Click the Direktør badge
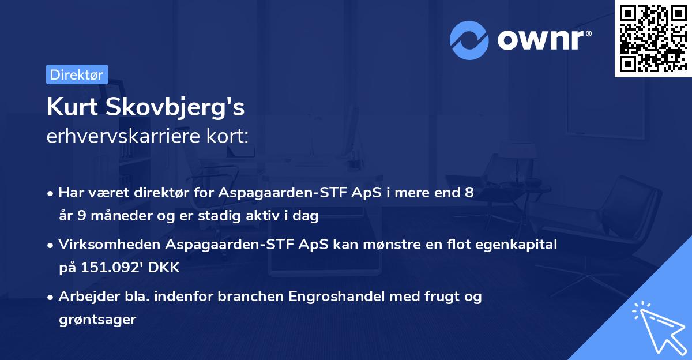[77, 74]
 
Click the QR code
[652, 38]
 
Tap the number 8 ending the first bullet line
[469, 193]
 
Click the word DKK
[165, 268]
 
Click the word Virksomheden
[109, 245]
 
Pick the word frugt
[435, 297]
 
